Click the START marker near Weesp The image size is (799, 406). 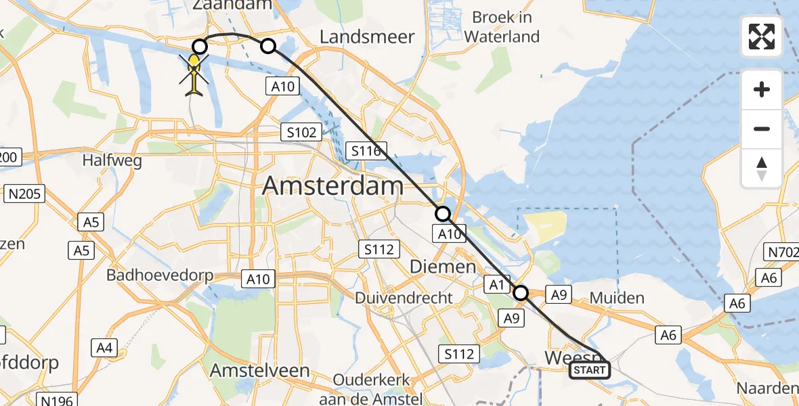pyautogui.click(x=589, y=370)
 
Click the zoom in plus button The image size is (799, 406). pyautogui.click(x=762, y=90)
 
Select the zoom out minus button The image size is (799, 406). pyautogui.click(x=762, y=129)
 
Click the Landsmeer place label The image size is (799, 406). pyautogui.click(x=366, y=37)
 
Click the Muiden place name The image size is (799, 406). pyautogui.click(x=617, y=298)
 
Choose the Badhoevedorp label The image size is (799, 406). pyautogui.click(x=160, y=275)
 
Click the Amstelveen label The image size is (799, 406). pyautogui.click(x=259, y=371)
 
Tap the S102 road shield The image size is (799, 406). pyautogui.click(x=301, y=132)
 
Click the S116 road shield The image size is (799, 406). pyautogui.click(x=366, y=151)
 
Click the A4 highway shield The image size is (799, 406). pyautogui.click(x=104, y=348)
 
